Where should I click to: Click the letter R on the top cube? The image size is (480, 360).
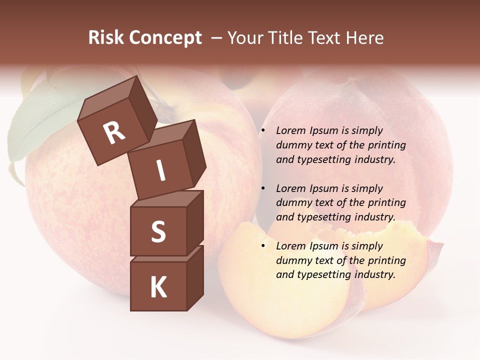114,132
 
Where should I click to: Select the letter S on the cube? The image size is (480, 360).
158,231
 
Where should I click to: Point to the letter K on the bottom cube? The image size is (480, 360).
158,287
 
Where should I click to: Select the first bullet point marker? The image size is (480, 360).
263,131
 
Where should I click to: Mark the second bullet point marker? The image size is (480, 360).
263,189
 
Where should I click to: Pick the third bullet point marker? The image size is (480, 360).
263,246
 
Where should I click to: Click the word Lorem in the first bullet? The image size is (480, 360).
290,130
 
